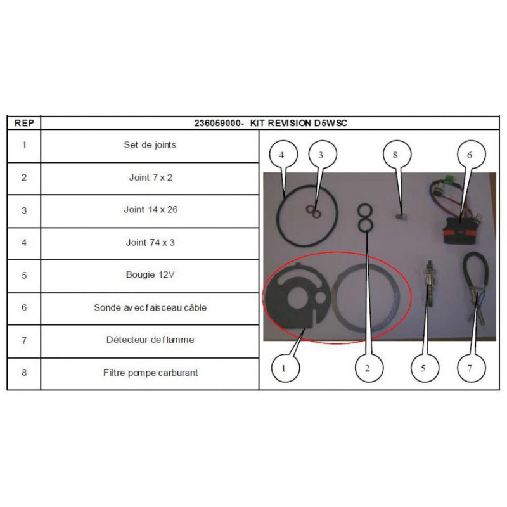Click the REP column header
[x=24, y=123]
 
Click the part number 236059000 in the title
[x=217, y=123]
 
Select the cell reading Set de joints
[x=150, y=145]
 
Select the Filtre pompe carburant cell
[x=150, y=373]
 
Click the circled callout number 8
[x=397, y=154]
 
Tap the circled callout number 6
[x=471, y=154]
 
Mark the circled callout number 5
[x=425, y=368]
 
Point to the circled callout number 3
[x=323, y=154]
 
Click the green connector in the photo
[x=449, y=179]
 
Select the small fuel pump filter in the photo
[x=401, y=216]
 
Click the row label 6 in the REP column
[x=24, y=307]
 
